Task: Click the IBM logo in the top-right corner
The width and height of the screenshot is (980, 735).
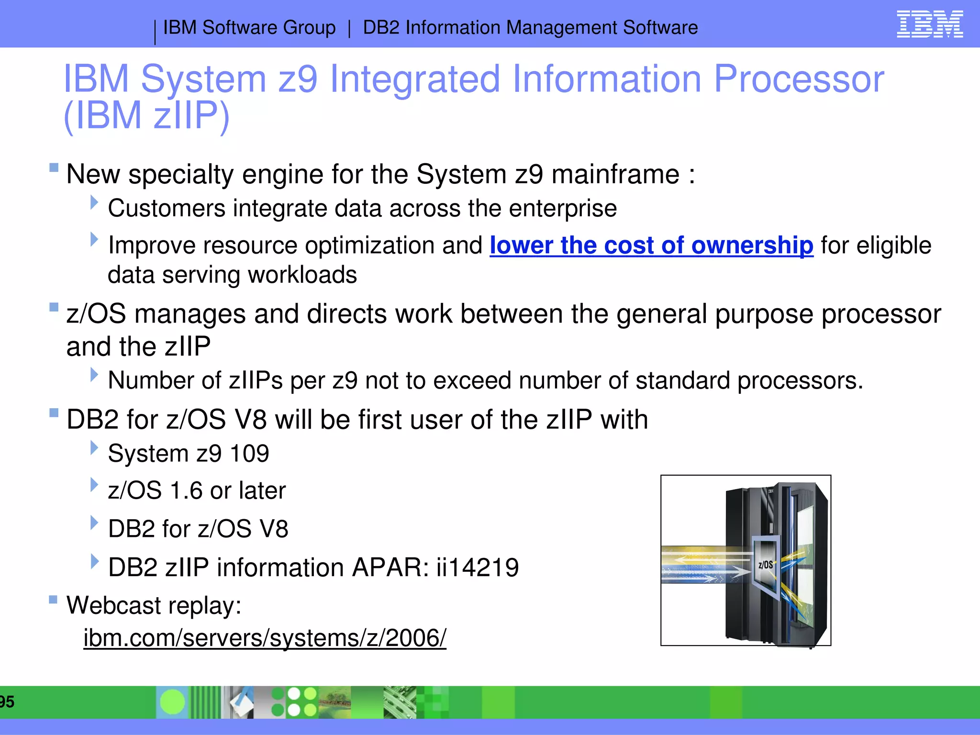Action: pyautogui.click(x=929, y=24)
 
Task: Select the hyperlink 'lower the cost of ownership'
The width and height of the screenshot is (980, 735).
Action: pyautogui.click(x=651, y=245)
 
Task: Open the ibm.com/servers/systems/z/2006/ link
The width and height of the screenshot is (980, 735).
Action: pyautogui.click(x=265, y=638)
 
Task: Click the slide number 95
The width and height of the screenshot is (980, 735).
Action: pyautogui.click(x=7, y=702)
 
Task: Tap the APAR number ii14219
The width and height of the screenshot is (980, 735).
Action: pyautogui.click(x=477, y=568)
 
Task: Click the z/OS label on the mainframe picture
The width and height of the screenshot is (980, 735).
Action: pyautogui.click(x=765, y=565)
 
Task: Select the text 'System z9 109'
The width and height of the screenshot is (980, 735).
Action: pyautogui.click(x=188, y=453)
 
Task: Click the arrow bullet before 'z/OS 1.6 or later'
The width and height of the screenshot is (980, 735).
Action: pyautogui.click(x=94, y=485)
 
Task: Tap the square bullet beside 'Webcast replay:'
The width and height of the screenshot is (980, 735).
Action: pyautogui.click(x=54, y=600)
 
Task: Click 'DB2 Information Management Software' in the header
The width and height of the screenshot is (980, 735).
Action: pyautogui.click(x=530, y=28)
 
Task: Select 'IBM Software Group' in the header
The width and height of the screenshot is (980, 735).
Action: pyautogui.click(x=249, y=28)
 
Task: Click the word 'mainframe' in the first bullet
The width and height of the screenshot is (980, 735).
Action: pyautogui.click(x=615, y=174)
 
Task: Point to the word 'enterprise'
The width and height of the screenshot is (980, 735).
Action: pyautogui.click(x=563, y=209)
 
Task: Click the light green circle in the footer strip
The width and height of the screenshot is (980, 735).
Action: pyautogui.click(x=172, y=702)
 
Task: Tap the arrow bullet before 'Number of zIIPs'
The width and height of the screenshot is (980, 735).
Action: pyautogui.click(x=94, y=375)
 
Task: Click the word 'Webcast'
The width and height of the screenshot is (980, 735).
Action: pyautogui.click(x=113, y=605)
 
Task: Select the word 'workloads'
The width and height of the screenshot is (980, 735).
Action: pyautogui.click(x=302, y=275)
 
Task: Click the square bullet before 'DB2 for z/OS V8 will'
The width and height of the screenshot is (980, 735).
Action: pyautogui.click(x=54, y=412)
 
